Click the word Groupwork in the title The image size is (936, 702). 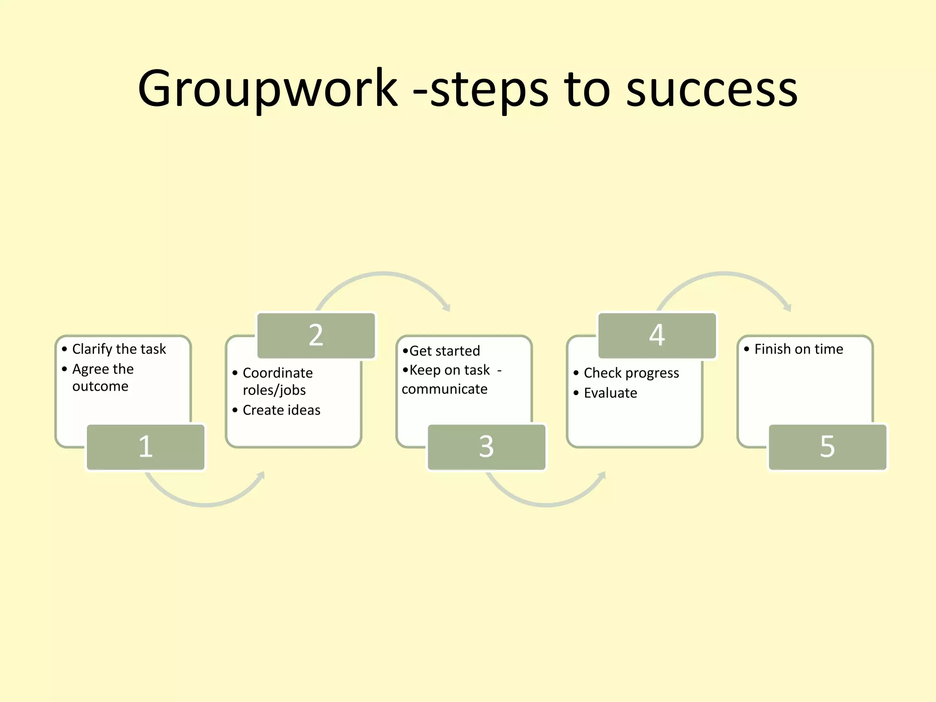(267, 89)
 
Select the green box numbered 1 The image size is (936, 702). (145, 447)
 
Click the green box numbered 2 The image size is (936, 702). (316, 335)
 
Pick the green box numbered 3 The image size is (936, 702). (486, 447)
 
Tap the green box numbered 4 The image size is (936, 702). (657, 335)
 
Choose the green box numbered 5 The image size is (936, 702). (827, 447)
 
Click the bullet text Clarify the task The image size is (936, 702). (119, 349)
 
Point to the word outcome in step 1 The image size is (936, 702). (100, 387)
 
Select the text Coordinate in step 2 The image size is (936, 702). (277, 373)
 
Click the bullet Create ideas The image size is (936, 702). (281, 410)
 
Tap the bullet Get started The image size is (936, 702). (444, 351)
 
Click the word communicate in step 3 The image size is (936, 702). (444, 389)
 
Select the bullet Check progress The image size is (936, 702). (631, 373)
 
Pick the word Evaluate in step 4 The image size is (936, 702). (610, 393)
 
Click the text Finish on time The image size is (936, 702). (798, 349)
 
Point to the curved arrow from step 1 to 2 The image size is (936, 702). (206, 504)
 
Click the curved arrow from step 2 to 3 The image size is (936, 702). (384, 274)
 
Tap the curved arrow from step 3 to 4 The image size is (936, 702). (547, 504)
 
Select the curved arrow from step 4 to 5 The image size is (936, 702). (725, 274)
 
